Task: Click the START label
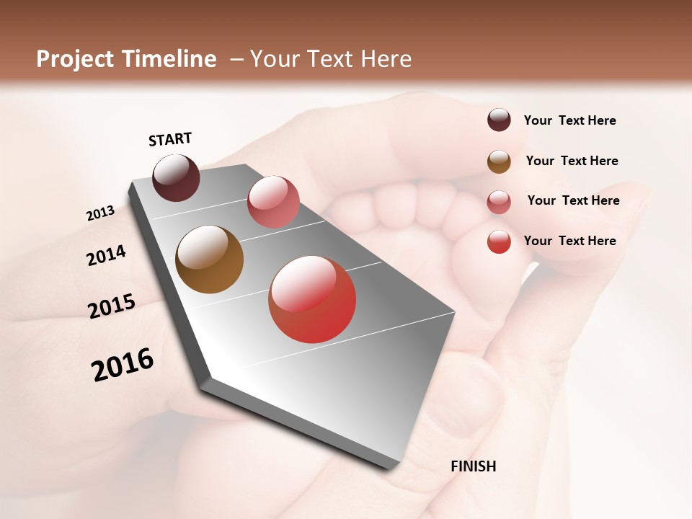coord(170,139)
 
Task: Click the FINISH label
coord(473,466)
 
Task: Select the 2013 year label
coord(100,213)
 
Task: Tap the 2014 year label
coord(106,255)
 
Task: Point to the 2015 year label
coord(112,306)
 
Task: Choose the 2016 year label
coord(123,364)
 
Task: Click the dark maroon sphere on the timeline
coord(176,177)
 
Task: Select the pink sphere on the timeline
coord(273,201)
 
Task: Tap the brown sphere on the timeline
coord(210,259)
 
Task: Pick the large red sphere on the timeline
coord(312,299)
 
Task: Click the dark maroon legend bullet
coord(499,120)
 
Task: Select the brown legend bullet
coord(499,161)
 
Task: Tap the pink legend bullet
coord(499,202)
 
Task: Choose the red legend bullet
coord(499,241)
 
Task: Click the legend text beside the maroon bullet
coord(569,120)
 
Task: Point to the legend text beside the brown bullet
coord(572,161)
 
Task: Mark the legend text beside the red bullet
coord(569,241)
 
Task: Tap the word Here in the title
coord(386,59)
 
